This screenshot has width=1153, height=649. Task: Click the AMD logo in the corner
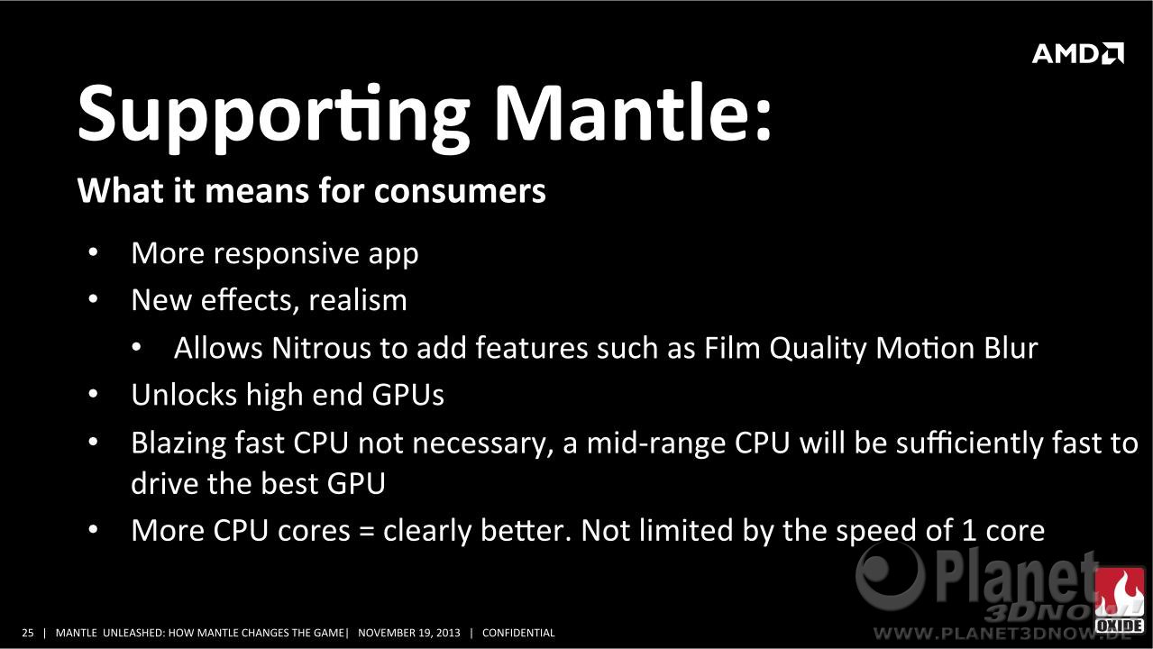coord(1078,53)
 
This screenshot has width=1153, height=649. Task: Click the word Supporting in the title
coord(273,118)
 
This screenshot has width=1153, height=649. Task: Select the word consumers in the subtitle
coord(460,191)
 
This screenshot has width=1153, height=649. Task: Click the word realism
coord(358,299)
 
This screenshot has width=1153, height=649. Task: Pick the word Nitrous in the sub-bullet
coord(321,347)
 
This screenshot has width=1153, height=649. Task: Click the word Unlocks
coord(183,394)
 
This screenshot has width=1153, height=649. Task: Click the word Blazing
coord(178,443)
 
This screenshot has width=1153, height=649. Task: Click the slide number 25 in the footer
coord(27,633)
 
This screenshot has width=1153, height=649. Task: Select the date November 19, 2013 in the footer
coord(408,633)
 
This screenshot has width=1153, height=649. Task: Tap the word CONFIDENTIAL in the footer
coord(518,633)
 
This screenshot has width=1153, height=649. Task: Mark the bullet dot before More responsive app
coord(93,252)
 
